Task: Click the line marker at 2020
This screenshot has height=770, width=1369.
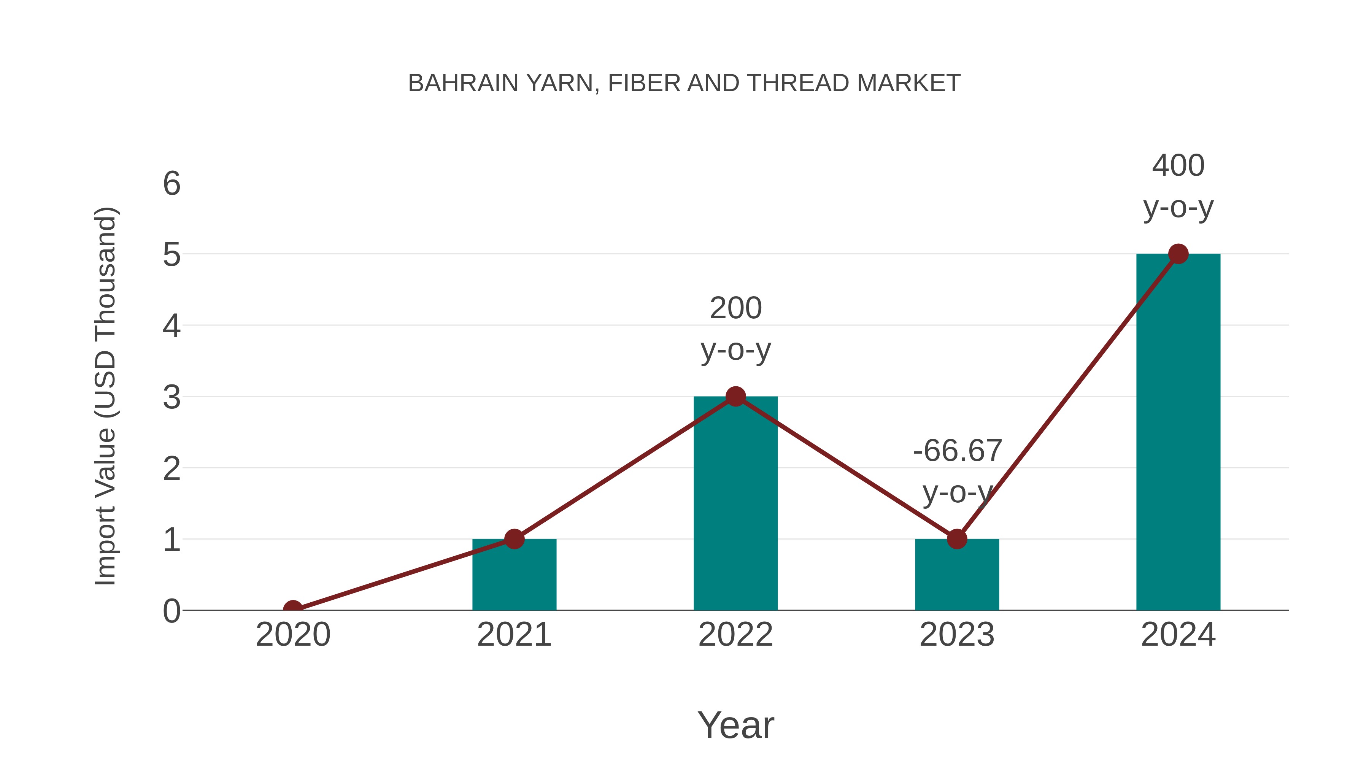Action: (x=293, y=609)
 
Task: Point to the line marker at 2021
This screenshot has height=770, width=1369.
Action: (x=514, y=539)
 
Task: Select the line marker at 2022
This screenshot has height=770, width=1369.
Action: (x=735, y=397)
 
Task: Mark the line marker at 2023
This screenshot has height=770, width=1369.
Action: (x=957, y=539)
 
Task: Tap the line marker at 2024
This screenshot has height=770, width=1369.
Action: (x=1178, y=254)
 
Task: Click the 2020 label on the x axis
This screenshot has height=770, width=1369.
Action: (x=293, y=635)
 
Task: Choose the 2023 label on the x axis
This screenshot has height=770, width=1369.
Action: (x=957, y=635)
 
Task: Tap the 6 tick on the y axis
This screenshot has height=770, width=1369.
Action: (x=172, y=184)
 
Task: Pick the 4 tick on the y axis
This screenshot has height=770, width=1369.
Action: (x=172, y=326)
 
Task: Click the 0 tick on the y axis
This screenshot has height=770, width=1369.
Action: (x=172, y=611)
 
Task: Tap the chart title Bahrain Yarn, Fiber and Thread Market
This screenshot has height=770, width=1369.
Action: (x=684, y=83)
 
